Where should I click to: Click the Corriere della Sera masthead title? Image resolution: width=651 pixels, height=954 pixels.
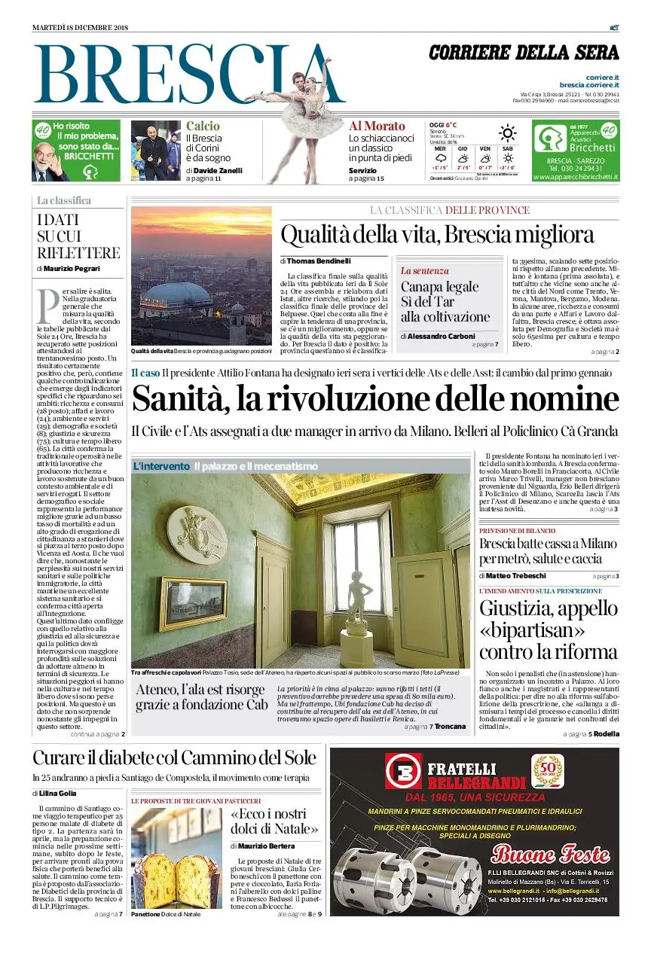[x=524, y=53]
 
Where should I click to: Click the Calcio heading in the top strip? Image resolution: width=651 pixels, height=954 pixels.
[x=203, y=126]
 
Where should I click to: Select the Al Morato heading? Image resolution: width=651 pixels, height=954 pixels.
[x=377, y=126]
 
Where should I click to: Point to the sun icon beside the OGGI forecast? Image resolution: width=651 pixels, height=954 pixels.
[x=508, y=133]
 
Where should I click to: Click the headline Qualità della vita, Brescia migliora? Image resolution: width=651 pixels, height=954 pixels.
[x=437, y=233]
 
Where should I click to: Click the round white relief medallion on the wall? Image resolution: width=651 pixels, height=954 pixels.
[x=197, y=534]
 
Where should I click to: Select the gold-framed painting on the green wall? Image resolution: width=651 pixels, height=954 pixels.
[x=193, y=603]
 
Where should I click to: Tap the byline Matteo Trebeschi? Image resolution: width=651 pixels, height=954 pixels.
[x=515, y=575]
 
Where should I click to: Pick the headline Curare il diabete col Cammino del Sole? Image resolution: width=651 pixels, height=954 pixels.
[x=174, y=757]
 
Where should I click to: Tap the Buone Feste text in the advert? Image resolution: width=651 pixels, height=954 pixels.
[x=550, y=854]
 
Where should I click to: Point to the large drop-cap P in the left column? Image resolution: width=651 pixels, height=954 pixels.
[x=47, y=303]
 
